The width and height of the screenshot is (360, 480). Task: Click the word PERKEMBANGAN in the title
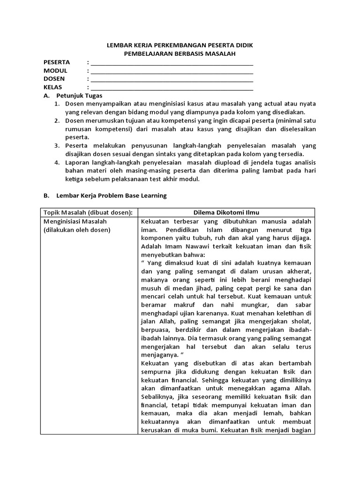173,46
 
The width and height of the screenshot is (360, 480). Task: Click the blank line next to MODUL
172,71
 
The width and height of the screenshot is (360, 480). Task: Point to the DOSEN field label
54,79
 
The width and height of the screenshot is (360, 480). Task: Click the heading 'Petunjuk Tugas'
75,95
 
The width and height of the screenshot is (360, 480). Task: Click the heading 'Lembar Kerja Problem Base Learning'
111,195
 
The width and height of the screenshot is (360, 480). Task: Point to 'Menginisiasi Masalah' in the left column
75,221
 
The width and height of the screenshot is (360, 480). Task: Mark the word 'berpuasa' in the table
154,331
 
